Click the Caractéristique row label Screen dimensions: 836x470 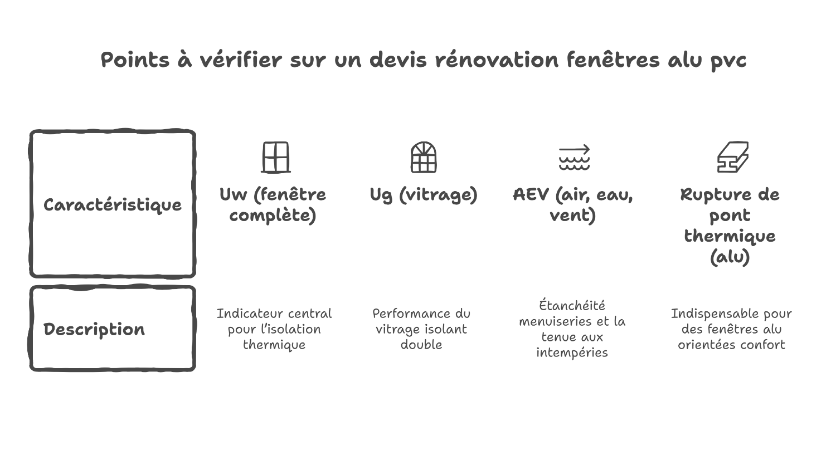click(x=113, y=205)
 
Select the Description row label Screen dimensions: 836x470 click(x=94, y=329)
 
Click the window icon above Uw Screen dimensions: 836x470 click(x=275, y=158)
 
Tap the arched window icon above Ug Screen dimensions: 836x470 click(x=424, y=158)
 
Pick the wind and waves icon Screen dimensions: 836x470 click(x=574, y=158)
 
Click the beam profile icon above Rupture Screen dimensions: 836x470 click(x=732, y=158)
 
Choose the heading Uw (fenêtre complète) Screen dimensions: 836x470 click(x=273, y=204)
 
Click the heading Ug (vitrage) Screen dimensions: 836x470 click(x=424, y=194)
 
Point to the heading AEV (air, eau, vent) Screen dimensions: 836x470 click(x=573, y=204)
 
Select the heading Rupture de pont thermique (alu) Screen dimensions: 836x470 click(x=730, y=225)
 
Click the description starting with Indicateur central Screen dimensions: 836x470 click(x=274, y=329)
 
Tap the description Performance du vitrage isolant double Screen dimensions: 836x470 click(x=421, y=329)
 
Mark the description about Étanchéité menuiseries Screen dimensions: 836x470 click(x=572, y=329)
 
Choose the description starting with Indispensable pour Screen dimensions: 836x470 click(x=731, y=329)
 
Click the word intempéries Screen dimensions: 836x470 click(x=572, y=352)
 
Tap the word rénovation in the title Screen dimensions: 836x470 click(x=496, y=60)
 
